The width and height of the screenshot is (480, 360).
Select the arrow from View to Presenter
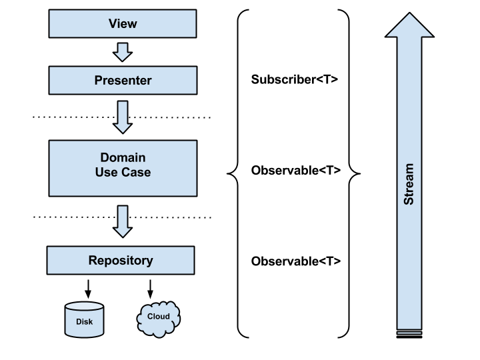(123, 51)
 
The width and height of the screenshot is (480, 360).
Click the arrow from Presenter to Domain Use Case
(123, 117)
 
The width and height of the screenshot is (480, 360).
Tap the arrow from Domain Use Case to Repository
(123, 221)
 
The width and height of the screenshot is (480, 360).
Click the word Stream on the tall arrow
(409, 184)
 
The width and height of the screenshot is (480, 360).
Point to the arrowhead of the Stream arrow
(409, 25)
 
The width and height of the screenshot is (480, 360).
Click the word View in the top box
(123, 24)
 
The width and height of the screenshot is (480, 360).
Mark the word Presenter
(123, 81)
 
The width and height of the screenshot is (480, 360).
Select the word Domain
(123, 158)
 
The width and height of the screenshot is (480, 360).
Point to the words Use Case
(123, 173)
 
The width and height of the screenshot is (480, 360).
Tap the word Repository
(121, 260)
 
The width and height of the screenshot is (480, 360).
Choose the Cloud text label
(158, 316)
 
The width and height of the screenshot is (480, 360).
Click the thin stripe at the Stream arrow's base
(409, 329)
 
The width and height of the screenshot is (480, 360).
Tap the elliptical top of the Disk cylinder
(85, 307)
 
